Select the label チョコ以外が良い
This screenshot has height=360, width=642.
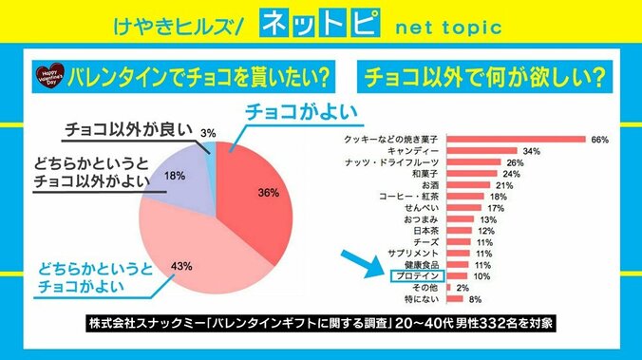(x=128, y=129)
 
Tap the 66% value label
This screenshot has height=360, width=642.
(x=599, y=140)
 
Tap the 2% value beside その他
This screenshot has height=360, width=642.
(x=463, y=287)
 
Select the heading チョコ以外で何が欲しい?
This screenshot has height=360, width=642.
(x=487, y=75)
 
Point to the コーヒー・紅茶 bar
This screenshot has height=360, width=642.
(x=464, y=196)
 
